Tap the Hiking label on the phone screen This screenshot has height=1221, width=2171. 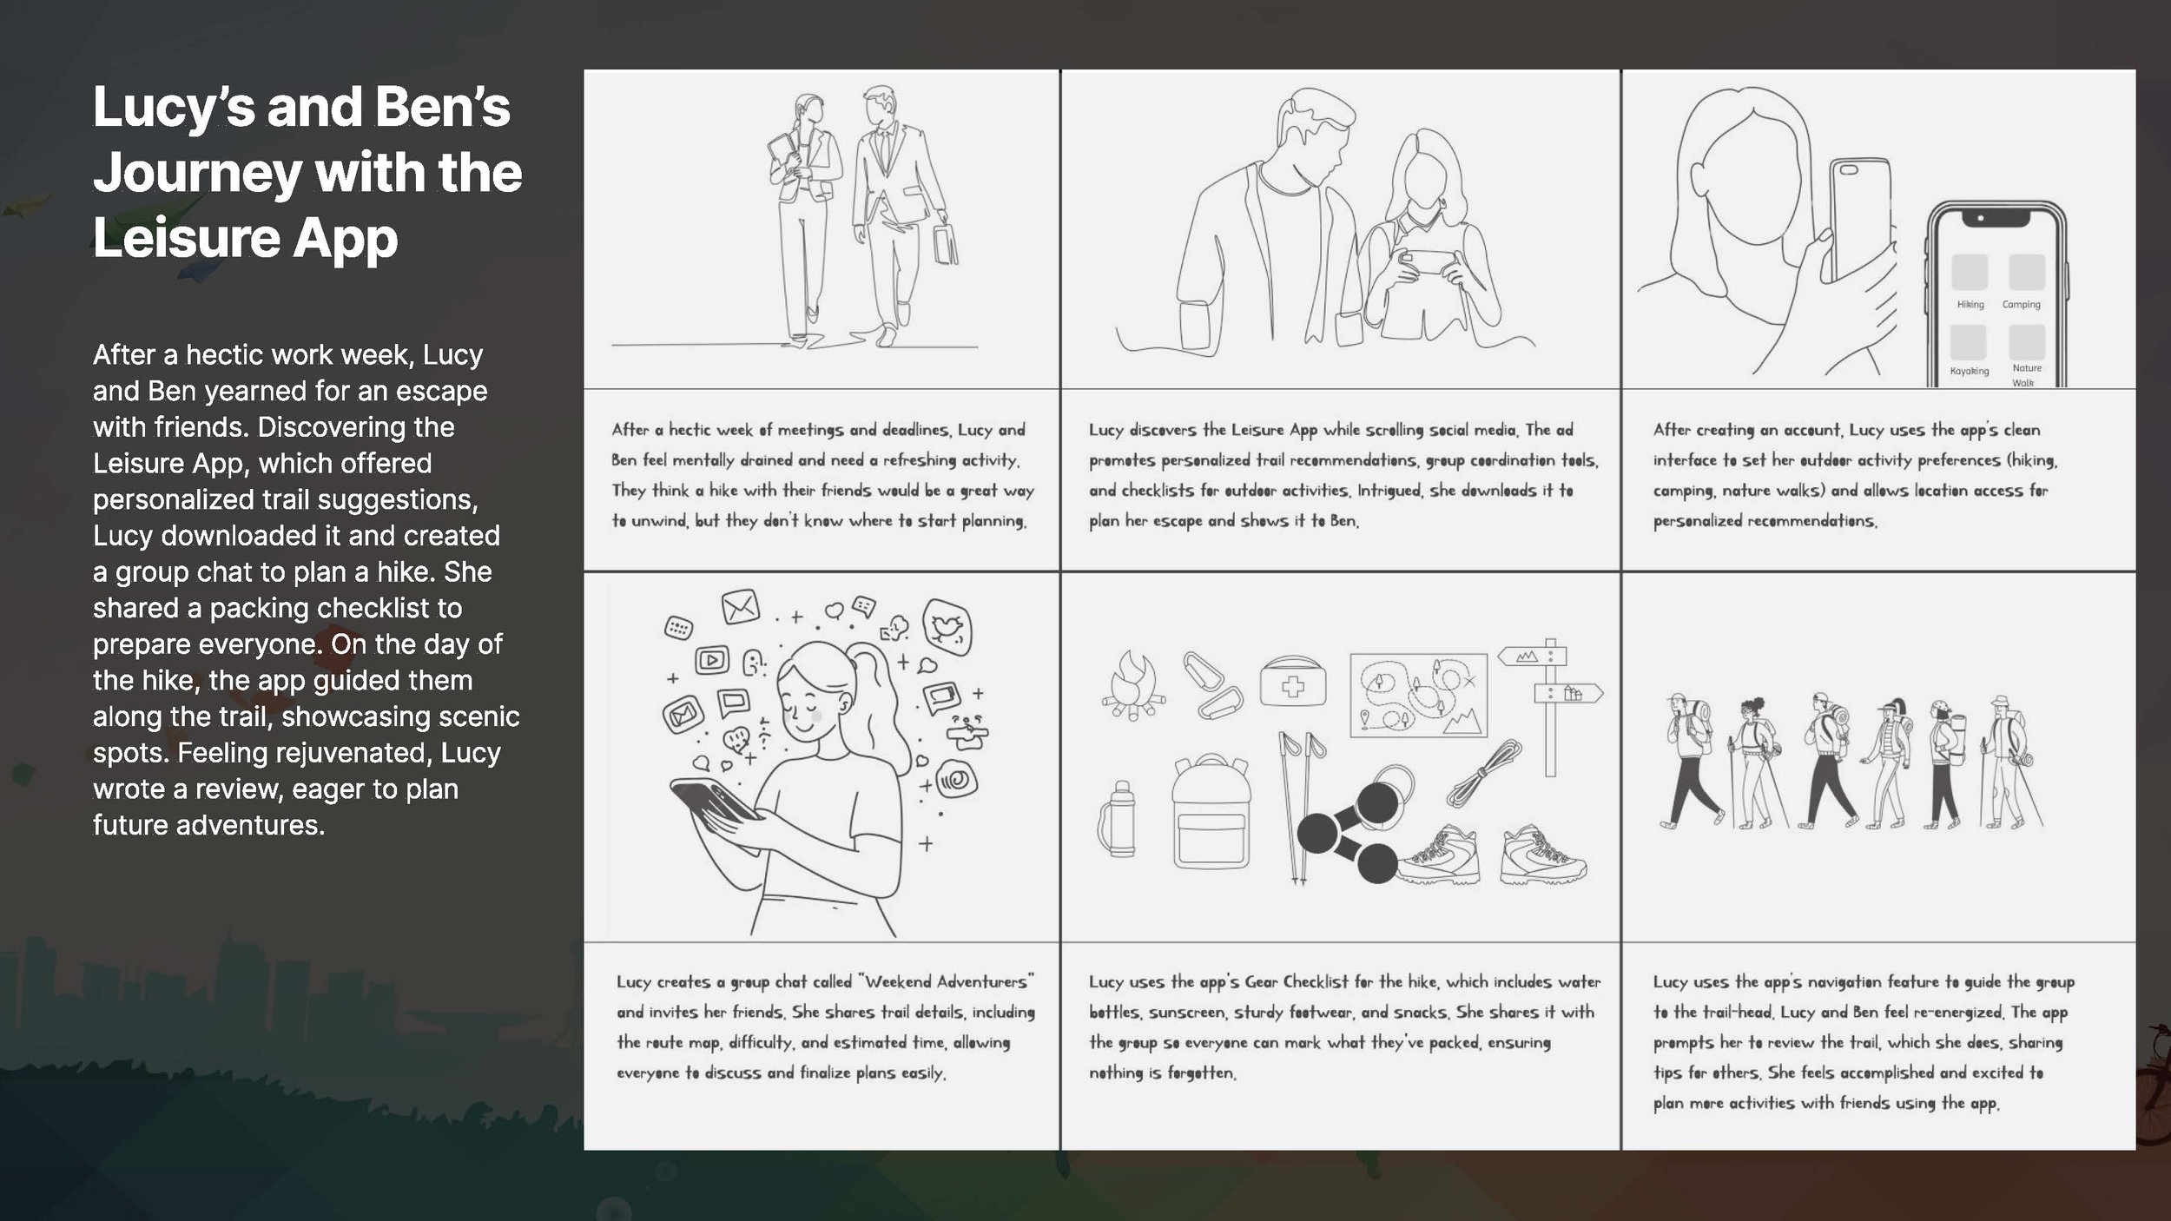tap(1970, 305)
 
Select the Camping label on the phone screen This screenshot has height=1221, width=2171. tap(2021, 305)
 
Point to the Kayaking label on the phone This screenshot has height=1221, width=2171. tap(1970, 371)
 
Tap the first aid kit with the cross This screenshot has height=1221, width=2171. tap(1293, 683)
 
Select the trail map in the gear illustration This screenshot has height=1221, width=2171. tap(1418, 695)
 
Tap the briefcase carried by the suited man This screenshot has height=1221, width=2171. tap(946, 244)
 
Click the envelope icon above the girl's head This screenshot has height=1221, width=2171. tap(740, 606)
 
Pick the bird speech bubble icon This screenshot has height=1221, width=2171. tap(947, 627)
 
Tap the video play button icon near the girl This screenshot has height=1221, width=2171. tap(712, 660)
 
